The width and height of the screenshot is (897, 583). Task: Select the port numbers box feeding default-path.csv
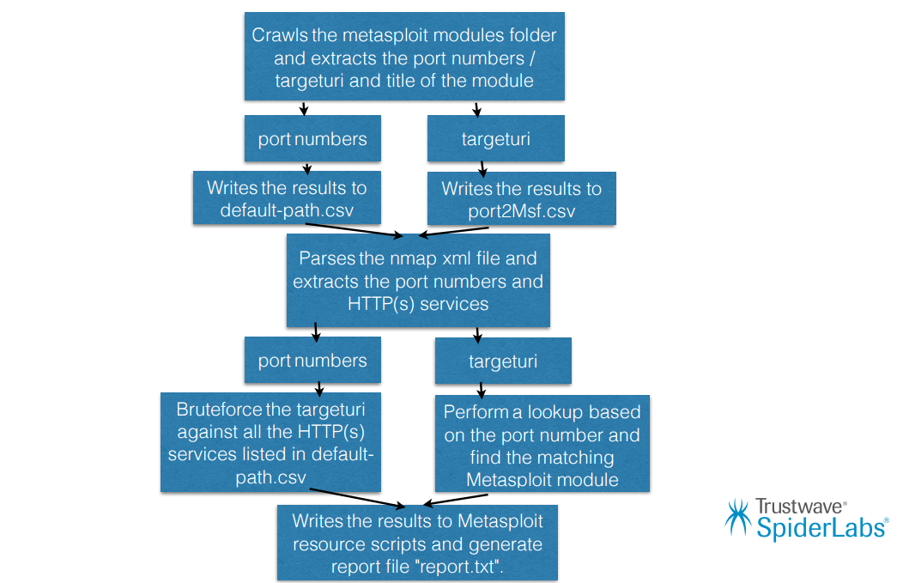click(x=312, y=139)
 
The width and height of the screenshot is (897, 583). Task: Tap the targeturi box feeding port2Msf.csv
click(x=495, y=139)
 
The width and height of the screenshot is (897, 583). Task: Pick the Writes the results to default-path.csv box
click(x=286, y=199)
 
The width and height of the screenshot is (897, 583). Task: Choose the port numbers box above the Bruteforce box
click(x=312, y=361)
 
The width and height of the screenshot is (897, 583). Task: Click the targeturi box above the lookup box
click(x=503, y=361)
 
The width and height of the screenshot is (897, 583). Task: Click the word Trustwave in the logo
click(x=800, y=507)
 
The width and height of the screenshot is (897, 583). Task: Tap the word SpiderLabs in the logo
click(x=819, y=527)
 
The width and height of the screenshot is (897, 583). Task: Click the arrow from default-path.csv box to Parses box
click(x=354, y=230)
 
